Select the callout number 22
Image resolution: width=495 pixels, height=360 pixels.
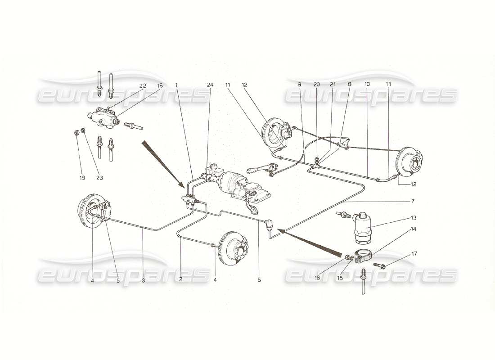tap(142, 85)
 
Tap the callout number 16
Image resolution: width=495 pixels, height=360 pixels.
tap(160, 85)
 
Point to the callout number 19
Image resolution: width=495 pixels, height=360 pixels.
tap(82, 177)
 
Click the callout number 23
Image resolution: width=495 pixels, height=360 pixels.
tap(99, 177)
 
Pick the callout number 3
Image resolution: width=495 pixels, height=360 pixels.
tap(143, 280)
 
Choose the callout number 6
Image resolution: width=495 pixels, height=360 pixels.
tap(259, 280)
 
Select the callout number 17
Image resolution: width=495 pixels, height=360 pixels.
tap(414, 254)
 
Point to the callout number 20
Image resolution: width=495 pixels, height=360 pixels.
tap(317, 84)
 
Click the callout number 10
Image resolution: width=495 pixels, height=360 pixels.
tap(367, 84)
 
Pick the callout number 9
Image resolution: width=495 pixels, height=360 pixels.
tap(299, 84)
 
